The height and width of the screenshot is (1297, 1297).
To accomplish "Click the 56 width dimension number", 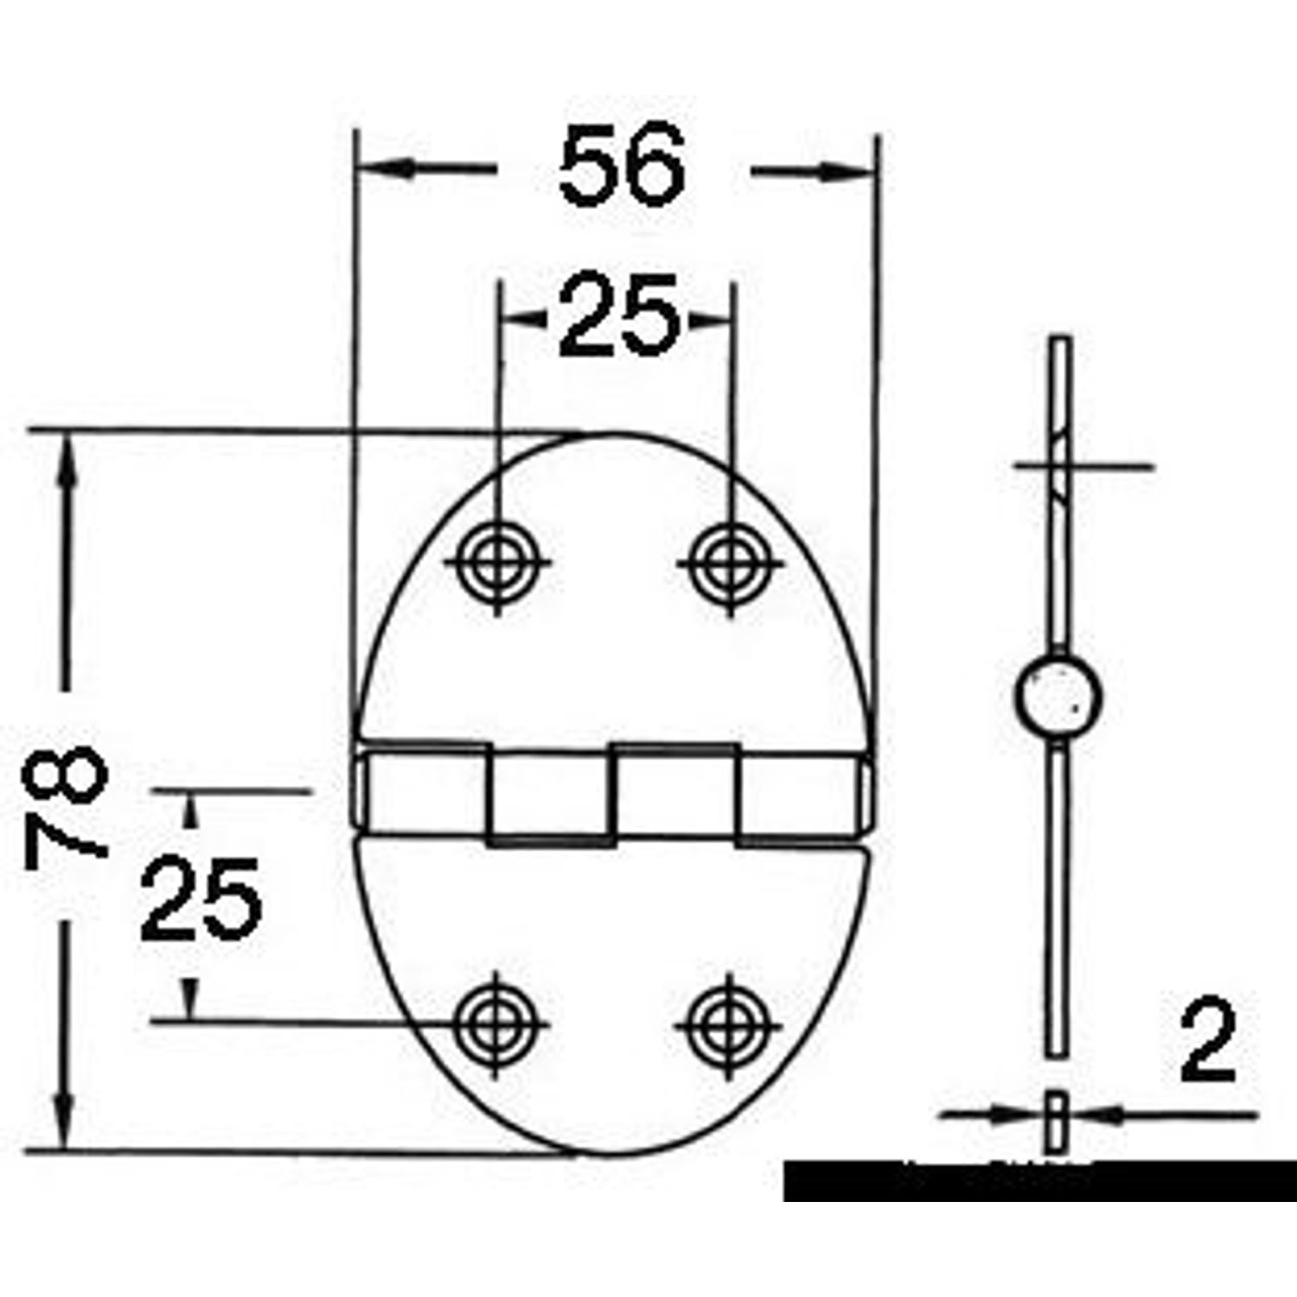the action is coord(622,165).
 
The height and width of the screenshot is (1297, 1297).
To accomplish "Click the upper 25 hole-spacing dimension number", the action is coord(618,315).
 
